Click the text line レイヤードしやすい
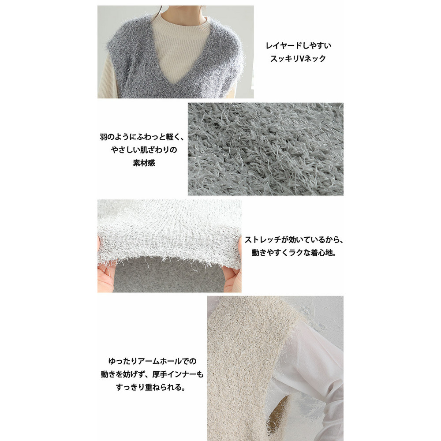click(299, 45)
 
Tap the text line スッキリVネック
click(298, 59)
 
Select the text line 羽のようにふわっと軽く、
click(142, 137)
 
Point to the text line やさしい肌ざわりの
click(144, 150)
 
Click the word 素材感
click(144, 163)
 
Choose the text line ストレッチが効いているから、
click(294, 239)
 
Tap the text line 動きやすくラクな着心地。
click(294, 253)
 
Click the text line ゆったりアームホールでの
click(153, 361)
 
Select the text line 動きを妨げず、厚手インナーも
click(152, 374)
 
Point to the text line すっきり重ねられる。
click(151, 387)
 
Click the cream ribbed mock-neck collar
click(180, 22)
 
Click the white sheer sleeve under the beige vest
click(310, 371)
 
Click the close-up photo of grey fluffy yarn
click(265, 149)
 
